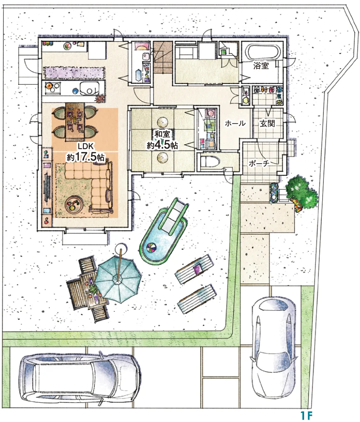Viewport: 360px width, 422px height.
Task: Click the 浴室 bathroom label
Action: (x=261, y=65)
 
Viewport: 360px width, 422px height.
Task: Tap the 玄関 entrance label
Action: (x=267, y=123)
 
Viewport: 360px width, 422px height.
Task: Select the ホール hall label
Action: (x=235, y=123)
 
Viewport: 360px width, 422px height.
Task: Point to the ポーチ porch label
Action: (x=259, y=163)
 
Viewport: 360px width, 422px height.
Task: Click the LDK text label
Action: (x=85, y=146)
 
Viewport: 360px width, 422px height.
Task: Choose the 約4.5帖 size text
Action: (x=162, y=145)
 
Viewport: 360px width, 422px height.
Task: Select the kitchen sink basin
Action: (x=89, y=88)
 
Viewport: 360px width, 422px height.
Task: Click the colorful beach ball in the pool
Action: (x=151, y=247)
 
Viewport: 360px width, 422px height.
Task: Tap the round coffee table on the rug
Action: (x=74, y=204)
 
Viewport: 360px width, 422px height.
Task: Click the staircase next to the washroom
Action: (x=163, y=58)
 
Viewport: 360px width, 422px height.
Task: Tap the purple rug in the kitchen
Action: (x=74, y=72)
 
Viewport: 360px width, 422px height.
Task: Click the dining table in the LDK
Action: (x=75, y=121)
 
